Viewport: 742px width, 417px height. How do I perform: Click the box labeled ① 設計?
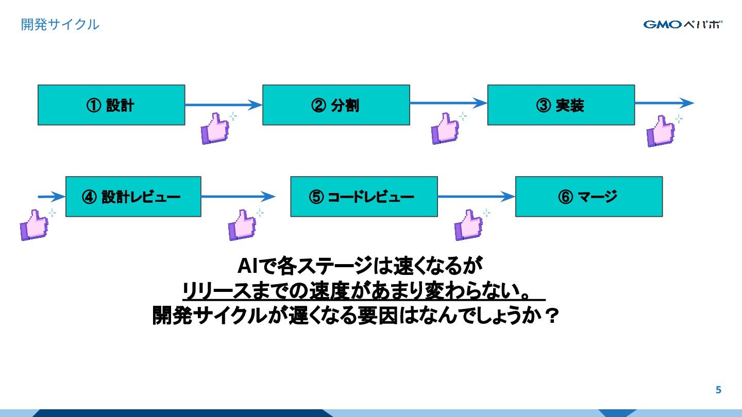pyautogui.click(x=111, y=105)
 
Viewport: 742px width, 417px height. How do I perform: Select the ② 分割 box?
pyautogui.click(x=336, y=105)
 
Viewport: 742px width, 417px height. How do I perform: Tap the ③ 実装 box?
pyautogui.click(x=561, y=105)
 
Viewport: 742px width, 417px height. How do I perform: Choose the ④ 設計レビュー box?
pyautogui.click(x=133, y=197)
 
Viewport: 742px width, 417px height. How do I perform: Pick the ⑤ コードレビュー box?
pyautogui.click(x=364, y=197)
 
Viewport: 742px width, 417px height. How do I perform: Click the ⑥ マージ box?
pyautogui.click(x=588, y=197)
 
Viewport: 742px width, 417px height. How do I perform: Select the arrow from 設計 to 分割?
pyautogui.click(x=223, y=105)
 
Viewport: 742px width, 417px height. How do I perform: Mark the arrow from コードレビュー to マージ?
pyautogui.click(x=476, y=197)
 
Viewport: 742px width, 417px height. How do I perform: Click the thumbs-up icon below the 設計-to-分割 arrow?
pyautogui.click(x=215, y=128)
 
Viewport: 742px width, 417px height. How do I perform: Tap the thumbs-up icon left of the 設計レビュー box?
pyautogui.click(x=34, y=224)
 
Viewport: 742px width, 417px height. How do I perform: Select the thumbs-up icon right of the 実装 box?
pyautogui.click(x=661, y=131)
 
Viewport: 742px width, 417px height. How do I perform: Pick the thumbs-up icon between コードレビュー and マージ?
pyautogui.click(x=468, y=224)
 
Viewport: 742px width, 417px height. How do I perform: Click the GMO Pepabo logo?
pyautogui.click(x=683, y=24)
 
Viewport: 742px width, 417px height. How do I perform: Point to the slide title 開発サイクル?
pyautogui.click(x=60, y=24)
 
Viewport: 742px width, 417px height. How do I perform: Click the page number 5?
pyautogui.click(x=718, y=390)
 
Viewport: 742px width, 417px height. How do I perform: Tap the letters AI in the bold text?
pyautogui.click(x=247, y=267)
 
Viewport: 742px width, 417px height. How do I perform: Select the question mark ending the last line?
pyautogui.click(x=551, y=315)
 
